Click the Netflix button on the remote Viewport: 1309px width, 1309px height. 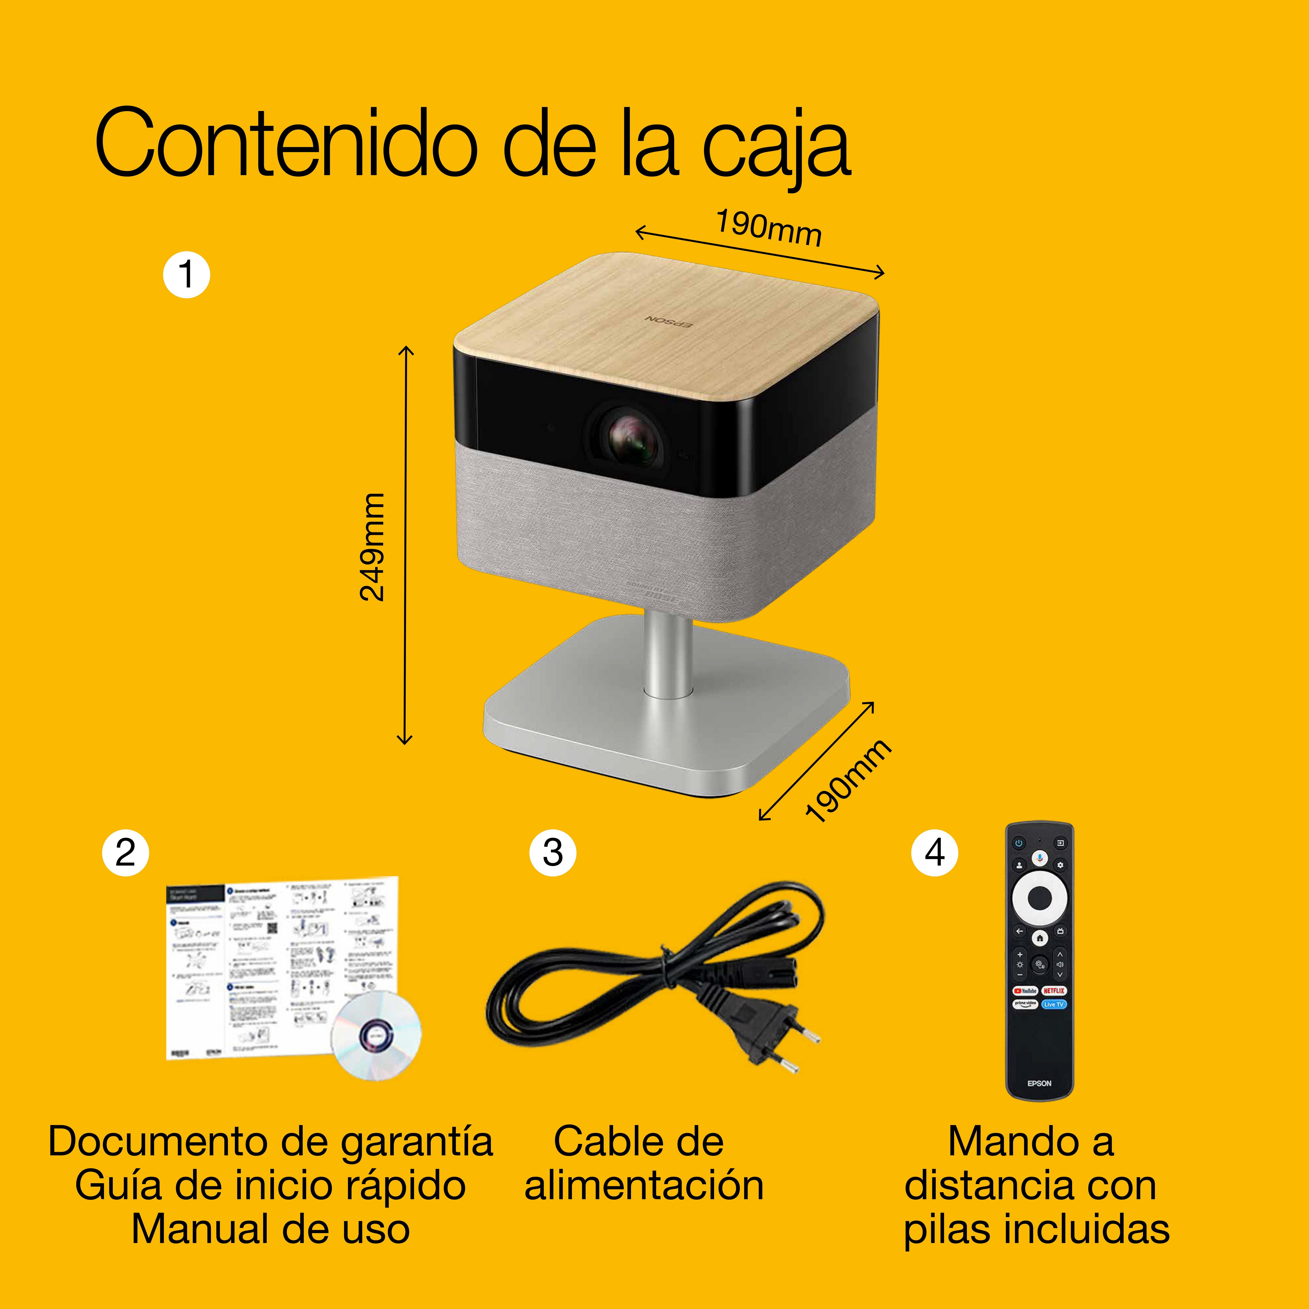pyautogui.click(x=1054, y=991)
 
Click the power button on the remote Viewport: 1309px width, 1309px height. pyautogui.click(x=1018, y=843)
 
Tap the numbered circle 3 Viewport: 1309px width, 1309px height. pyautogui.click(x=553, y=852)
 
